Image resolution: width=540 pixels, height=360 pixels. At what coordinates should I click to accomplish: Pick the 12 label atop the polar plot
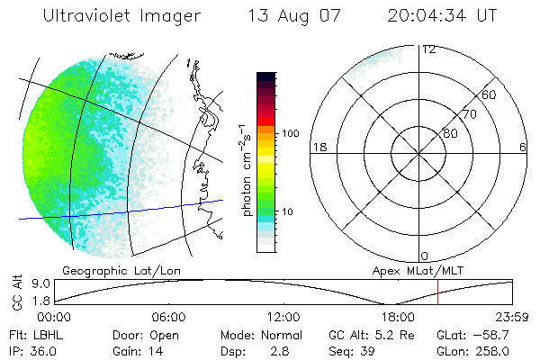(428, 49)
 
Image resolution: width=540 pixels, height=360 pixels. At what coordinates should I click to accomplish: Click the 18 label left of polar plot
(318, 147)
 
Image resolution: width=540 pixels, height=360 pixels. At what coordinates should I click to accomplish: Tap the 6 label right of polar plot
(524, 147)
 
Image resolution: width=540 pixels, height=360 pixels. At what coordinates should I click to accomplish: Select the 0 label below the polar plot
(425, 256)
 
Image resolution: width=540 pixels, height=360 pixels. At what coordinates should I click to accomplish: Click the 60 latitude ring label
(490, 94)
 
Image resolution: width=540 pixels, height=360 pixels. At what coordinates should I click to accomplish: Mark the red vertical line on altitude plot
(437, 292)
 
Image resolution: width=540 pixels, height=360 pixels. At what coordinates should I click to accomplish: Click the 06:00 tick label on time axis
(169, 318)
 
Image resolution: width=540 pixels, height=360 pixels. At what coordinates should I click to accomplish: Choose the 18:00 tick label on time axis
(398, 318)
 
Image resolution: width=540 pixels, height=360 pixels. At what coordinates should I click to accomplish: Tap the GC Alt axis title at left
(16, 293)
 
